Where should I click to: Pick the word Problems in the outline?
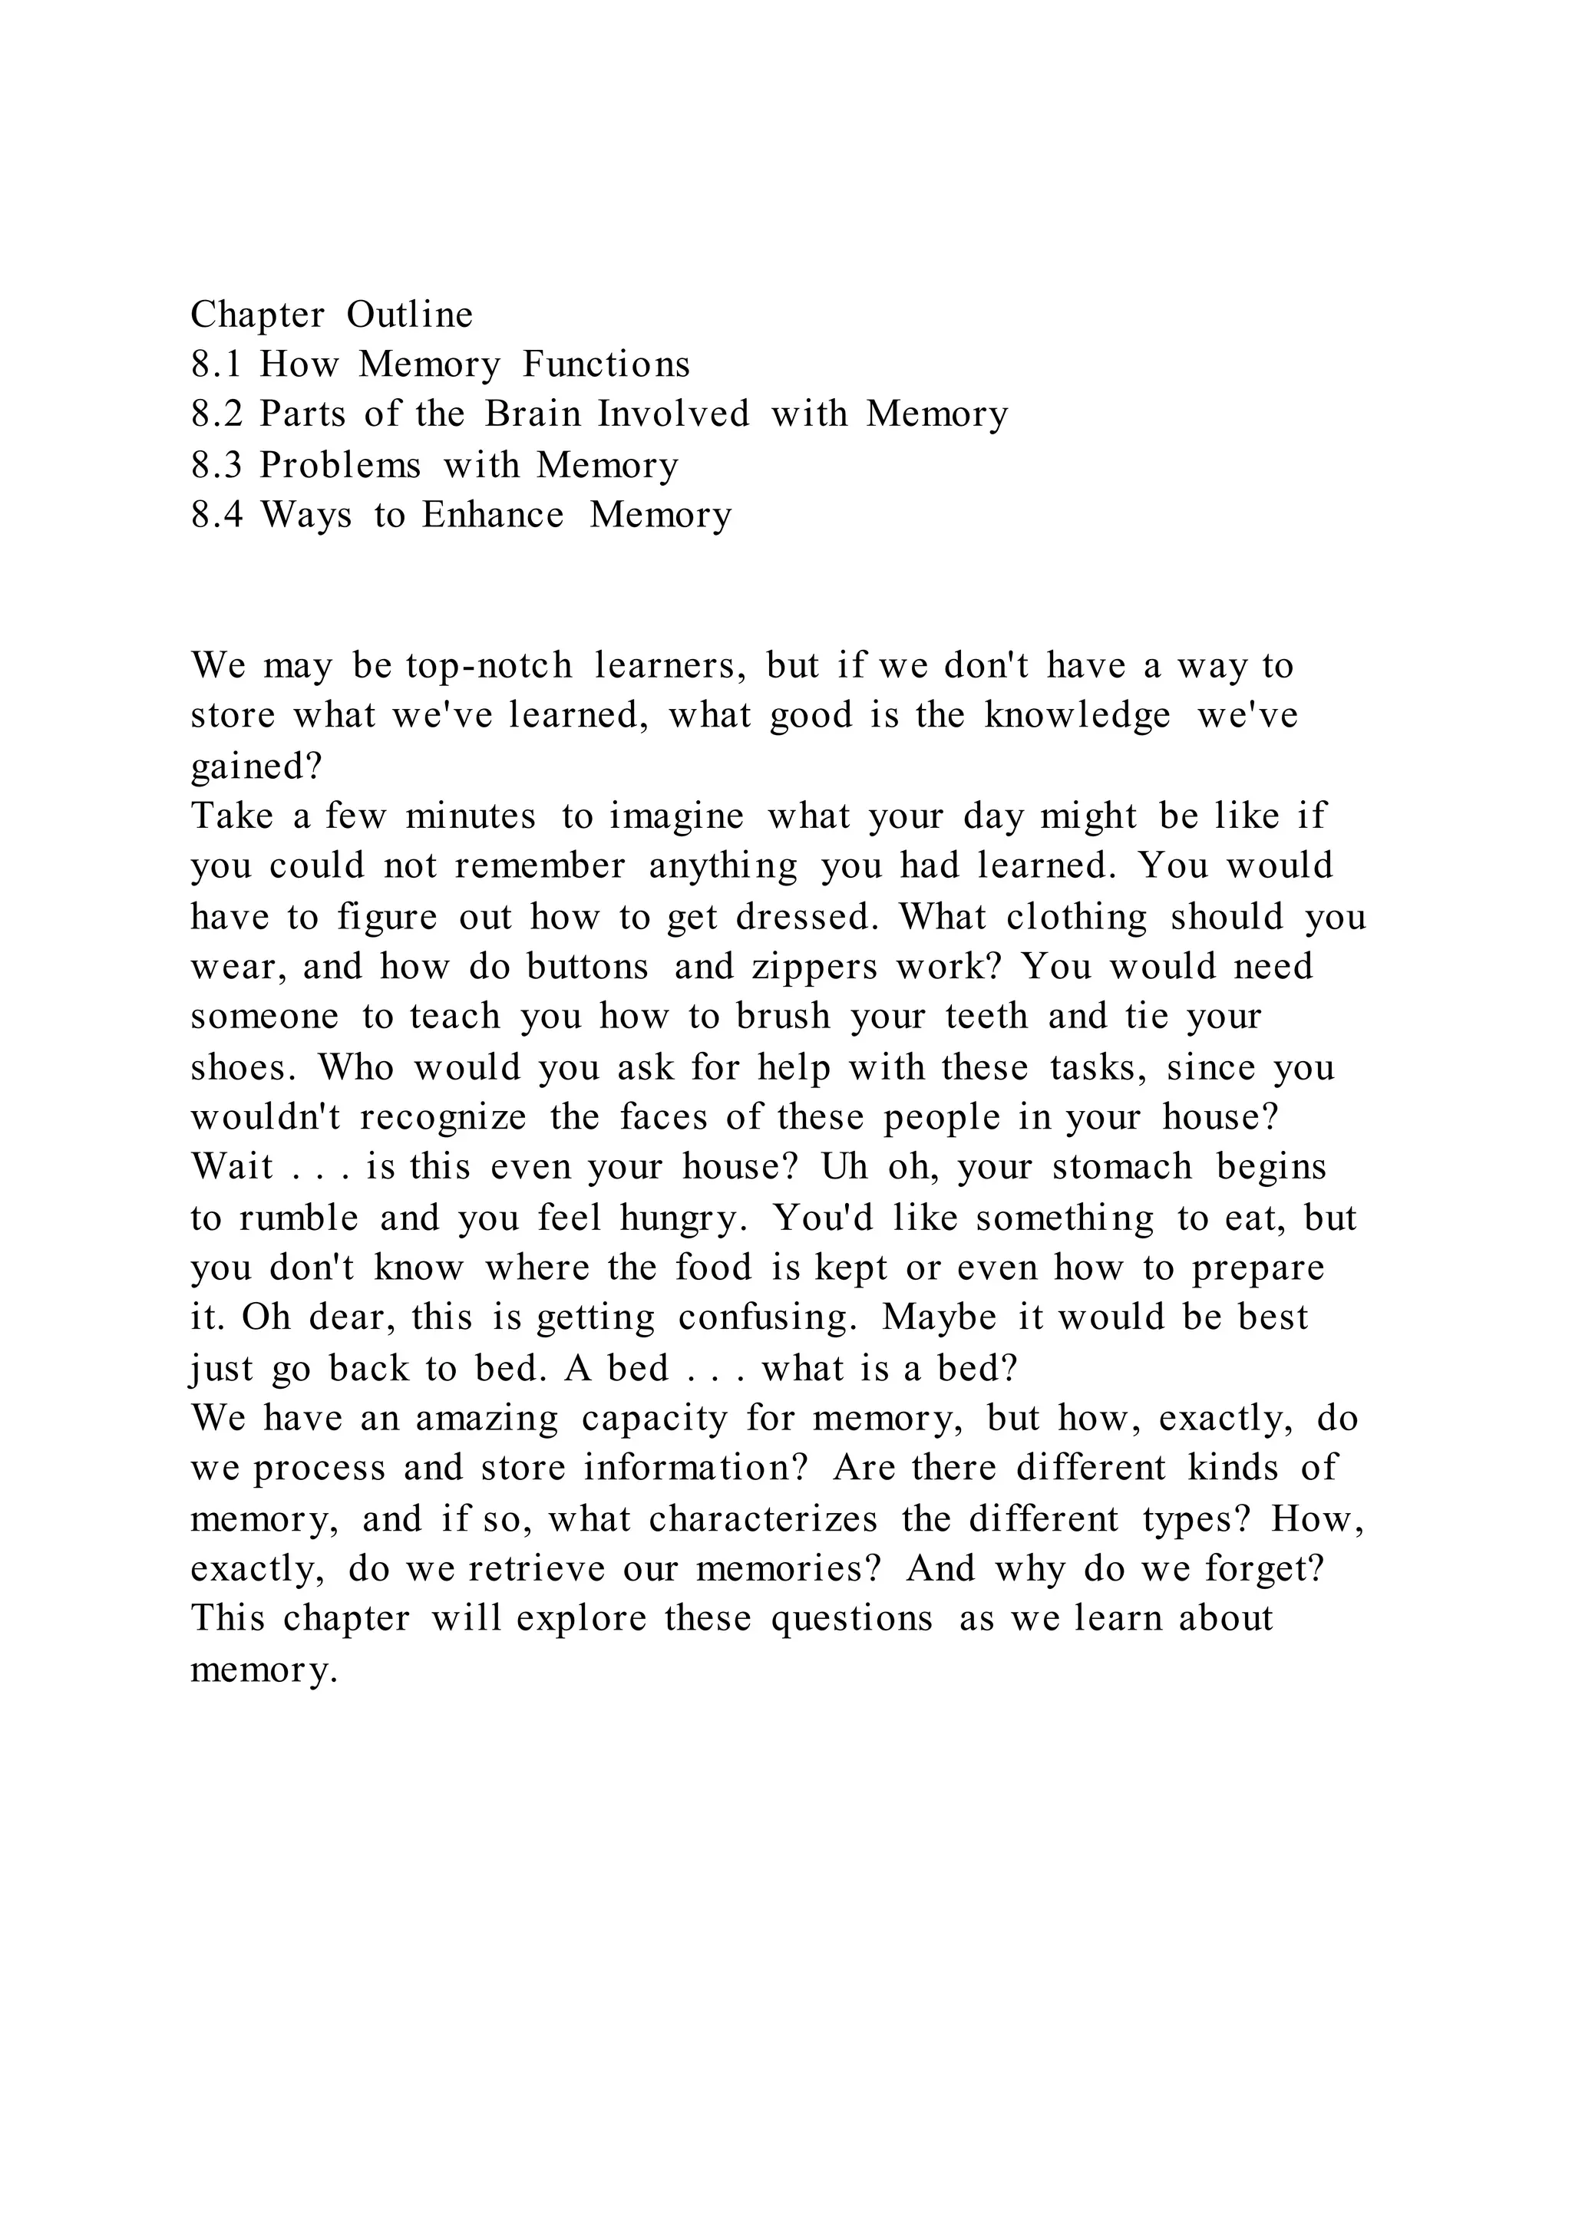340,466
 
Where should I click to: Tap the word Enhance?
492,515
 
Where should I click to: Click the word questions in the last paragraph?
852,1619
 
